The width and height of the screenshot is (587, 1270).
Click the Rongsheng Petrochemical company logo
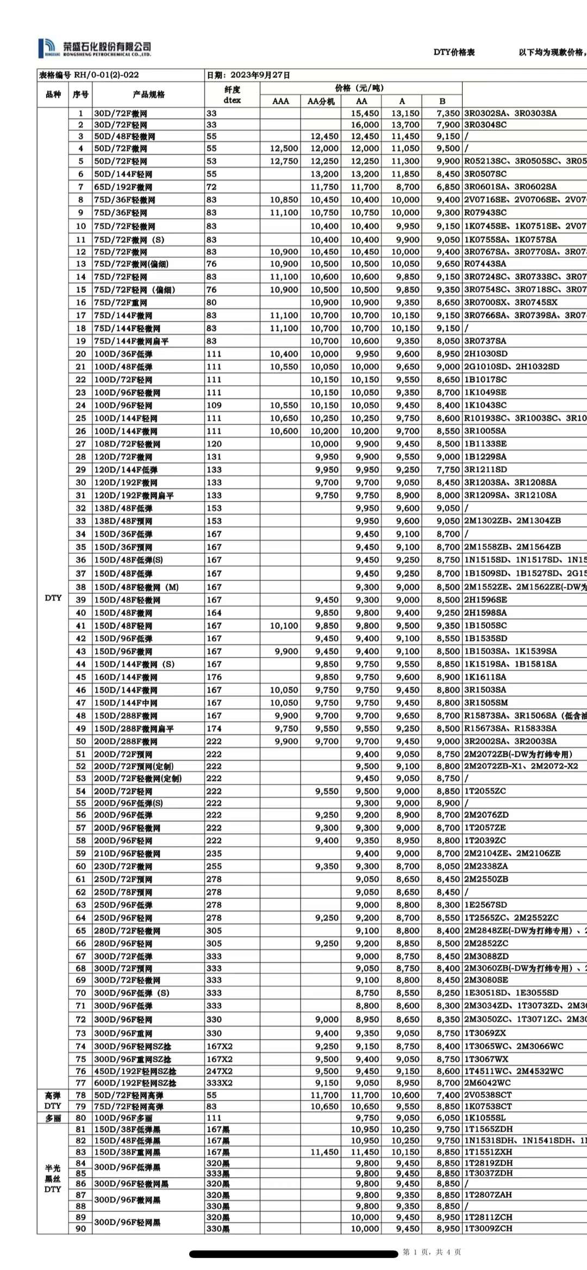95,48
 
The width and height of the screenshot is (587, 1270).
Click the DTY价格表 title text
454,52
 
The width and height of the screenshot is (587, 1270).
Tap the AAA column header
280,101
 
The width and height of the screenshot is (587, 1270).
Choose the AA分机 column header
321,101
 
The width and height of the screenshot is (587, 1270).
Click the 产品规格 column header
148,94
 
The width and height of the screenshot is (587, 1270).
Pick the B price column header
442,101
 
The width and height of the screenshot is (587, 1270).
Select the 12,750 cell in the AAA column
284,161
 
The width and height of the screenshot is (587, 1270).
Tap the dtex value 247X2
220,1071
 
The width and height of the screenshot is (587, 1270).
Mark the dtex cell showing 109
214,405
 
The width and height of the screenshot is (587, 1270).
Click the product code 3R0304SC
485,124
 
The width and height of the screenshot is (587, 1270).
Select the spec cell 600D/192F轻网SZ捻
135,1083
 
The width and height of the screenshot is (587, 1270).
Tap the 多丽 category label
53,1117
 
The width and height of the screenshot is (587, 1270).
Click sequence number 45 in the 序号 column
81,677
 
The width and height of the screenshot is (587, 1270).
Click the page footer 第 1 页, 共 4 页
432,1252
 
